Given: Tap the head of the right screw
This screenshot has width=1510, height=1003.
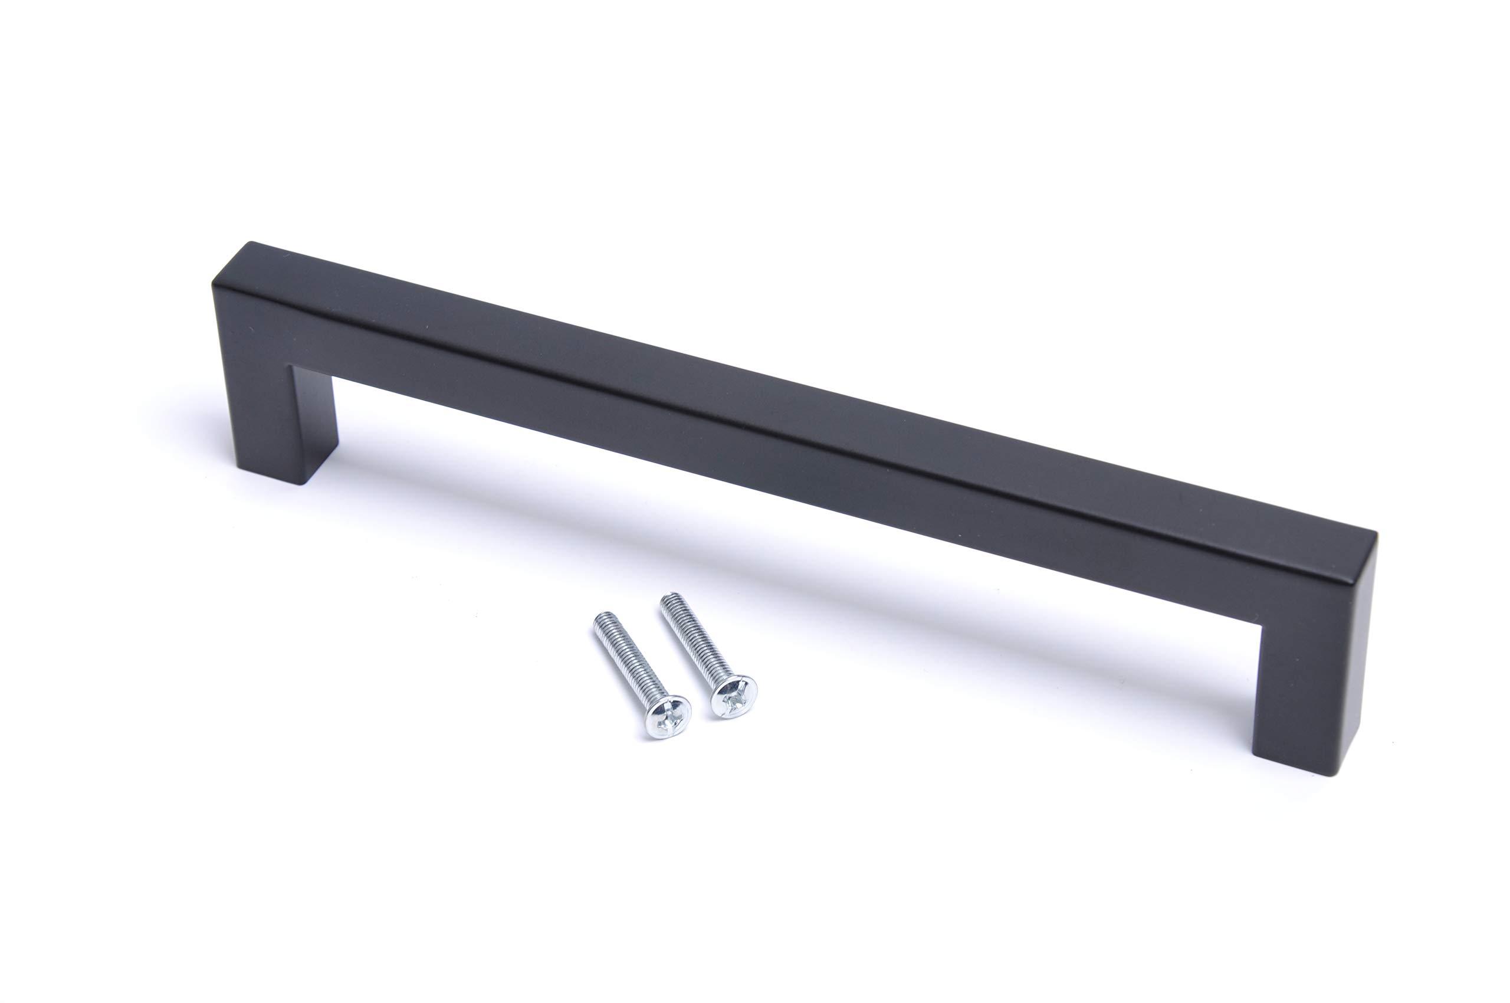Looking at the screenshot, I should coord(734,696).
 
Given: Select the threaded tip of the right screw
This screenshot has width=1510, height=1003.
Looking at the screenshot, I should coord(668,599).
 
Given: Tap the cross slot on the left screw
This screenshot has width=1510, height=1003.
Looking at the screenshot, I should coord(667,717).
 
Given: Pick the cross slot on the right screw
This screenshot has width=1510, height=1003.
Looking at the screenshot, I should coord(734,697).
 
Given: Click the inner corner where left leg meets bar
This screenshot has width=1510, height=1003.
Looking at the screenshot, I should coord(293,367).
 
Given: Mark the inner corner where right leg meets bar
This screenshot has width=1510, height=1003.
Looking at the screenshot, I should coord(1262,625).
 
